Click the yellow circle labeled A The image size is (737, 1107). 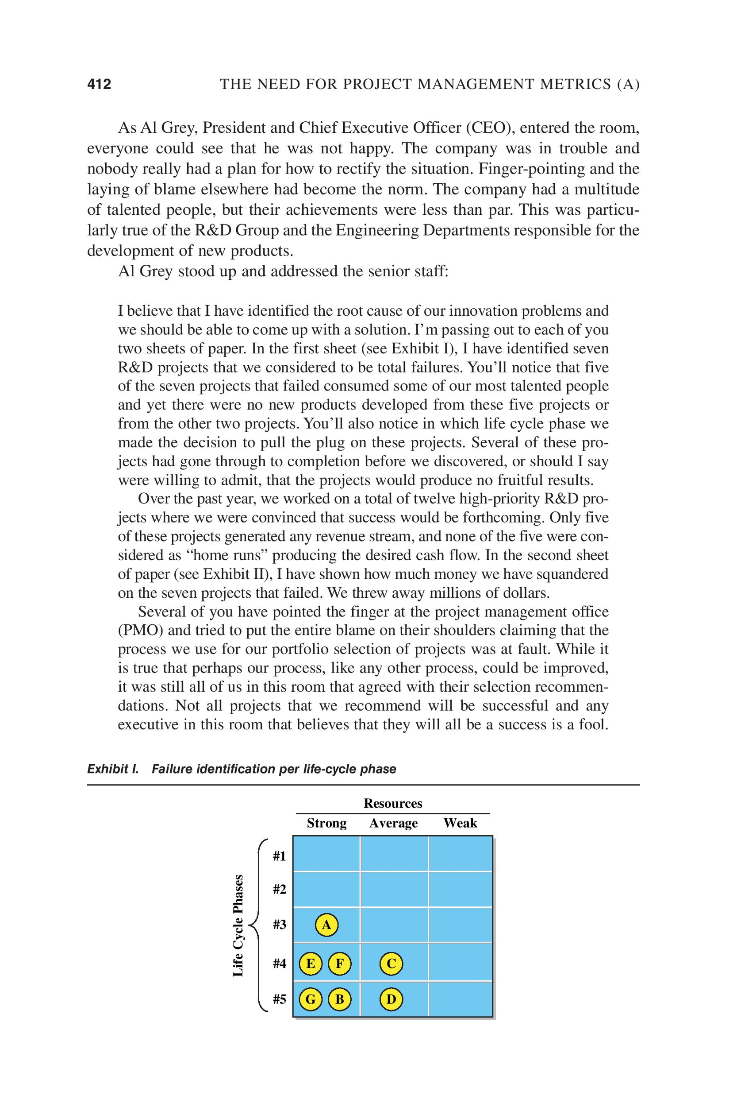326,925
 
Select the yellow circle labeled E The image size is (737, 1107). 311,964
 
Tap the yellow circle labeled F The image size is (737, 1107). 339,964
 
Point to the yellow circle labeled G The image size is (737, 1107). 311,999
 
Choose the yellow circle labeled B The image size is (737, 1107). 339,999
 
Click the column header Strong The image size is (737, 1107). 326,823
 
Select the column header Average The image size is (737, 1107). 393,823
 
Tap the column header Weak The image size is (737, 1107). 460,823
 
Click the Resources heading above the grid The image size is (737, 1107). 393,804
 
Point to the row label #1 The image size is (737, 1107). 279,856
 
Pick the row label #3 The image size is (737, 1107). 279,925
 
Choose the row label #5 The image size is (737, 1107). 279,999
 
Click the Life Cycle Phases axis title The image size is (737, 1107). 239,925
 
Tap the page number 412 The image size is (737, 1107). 99,84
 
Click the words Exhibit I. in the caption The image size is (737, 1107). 113,769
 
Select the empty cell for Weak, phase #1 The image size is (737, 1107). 460,854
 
